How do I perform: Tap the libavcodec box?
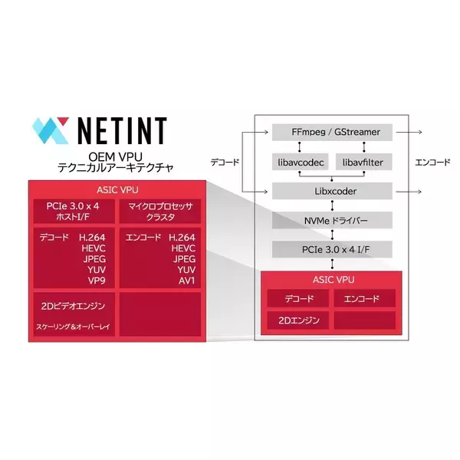[301, 162]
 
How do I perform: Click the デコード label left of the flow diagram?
[225, 163]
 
